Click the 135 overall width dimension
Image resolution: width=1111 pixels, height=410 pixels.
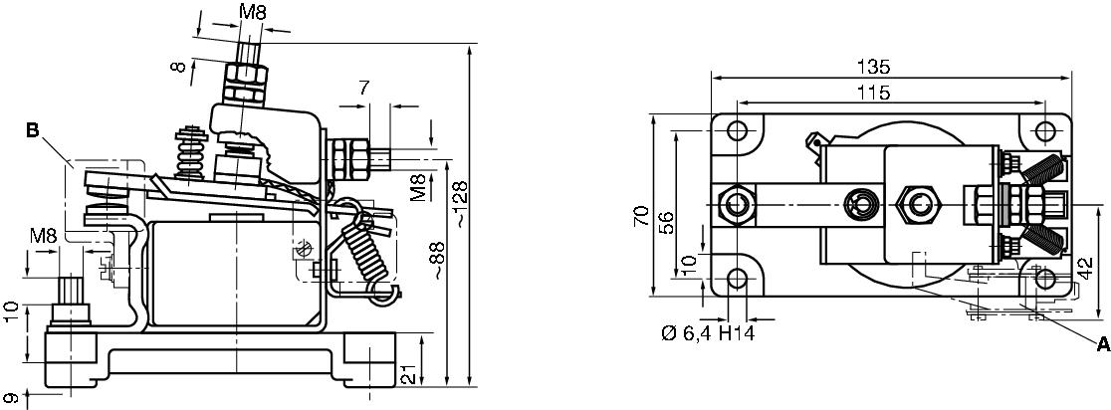(872, 68)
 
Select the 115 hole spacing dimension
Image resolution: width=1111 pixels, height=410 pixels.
(873, 93)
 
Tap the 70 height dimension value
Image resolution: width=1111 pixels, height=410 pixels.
(641, 215)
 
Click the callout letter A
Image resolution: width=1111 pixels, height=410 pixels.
(1103, 345)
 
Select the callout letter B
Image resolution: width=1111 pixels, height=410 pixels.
(32, 130)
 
